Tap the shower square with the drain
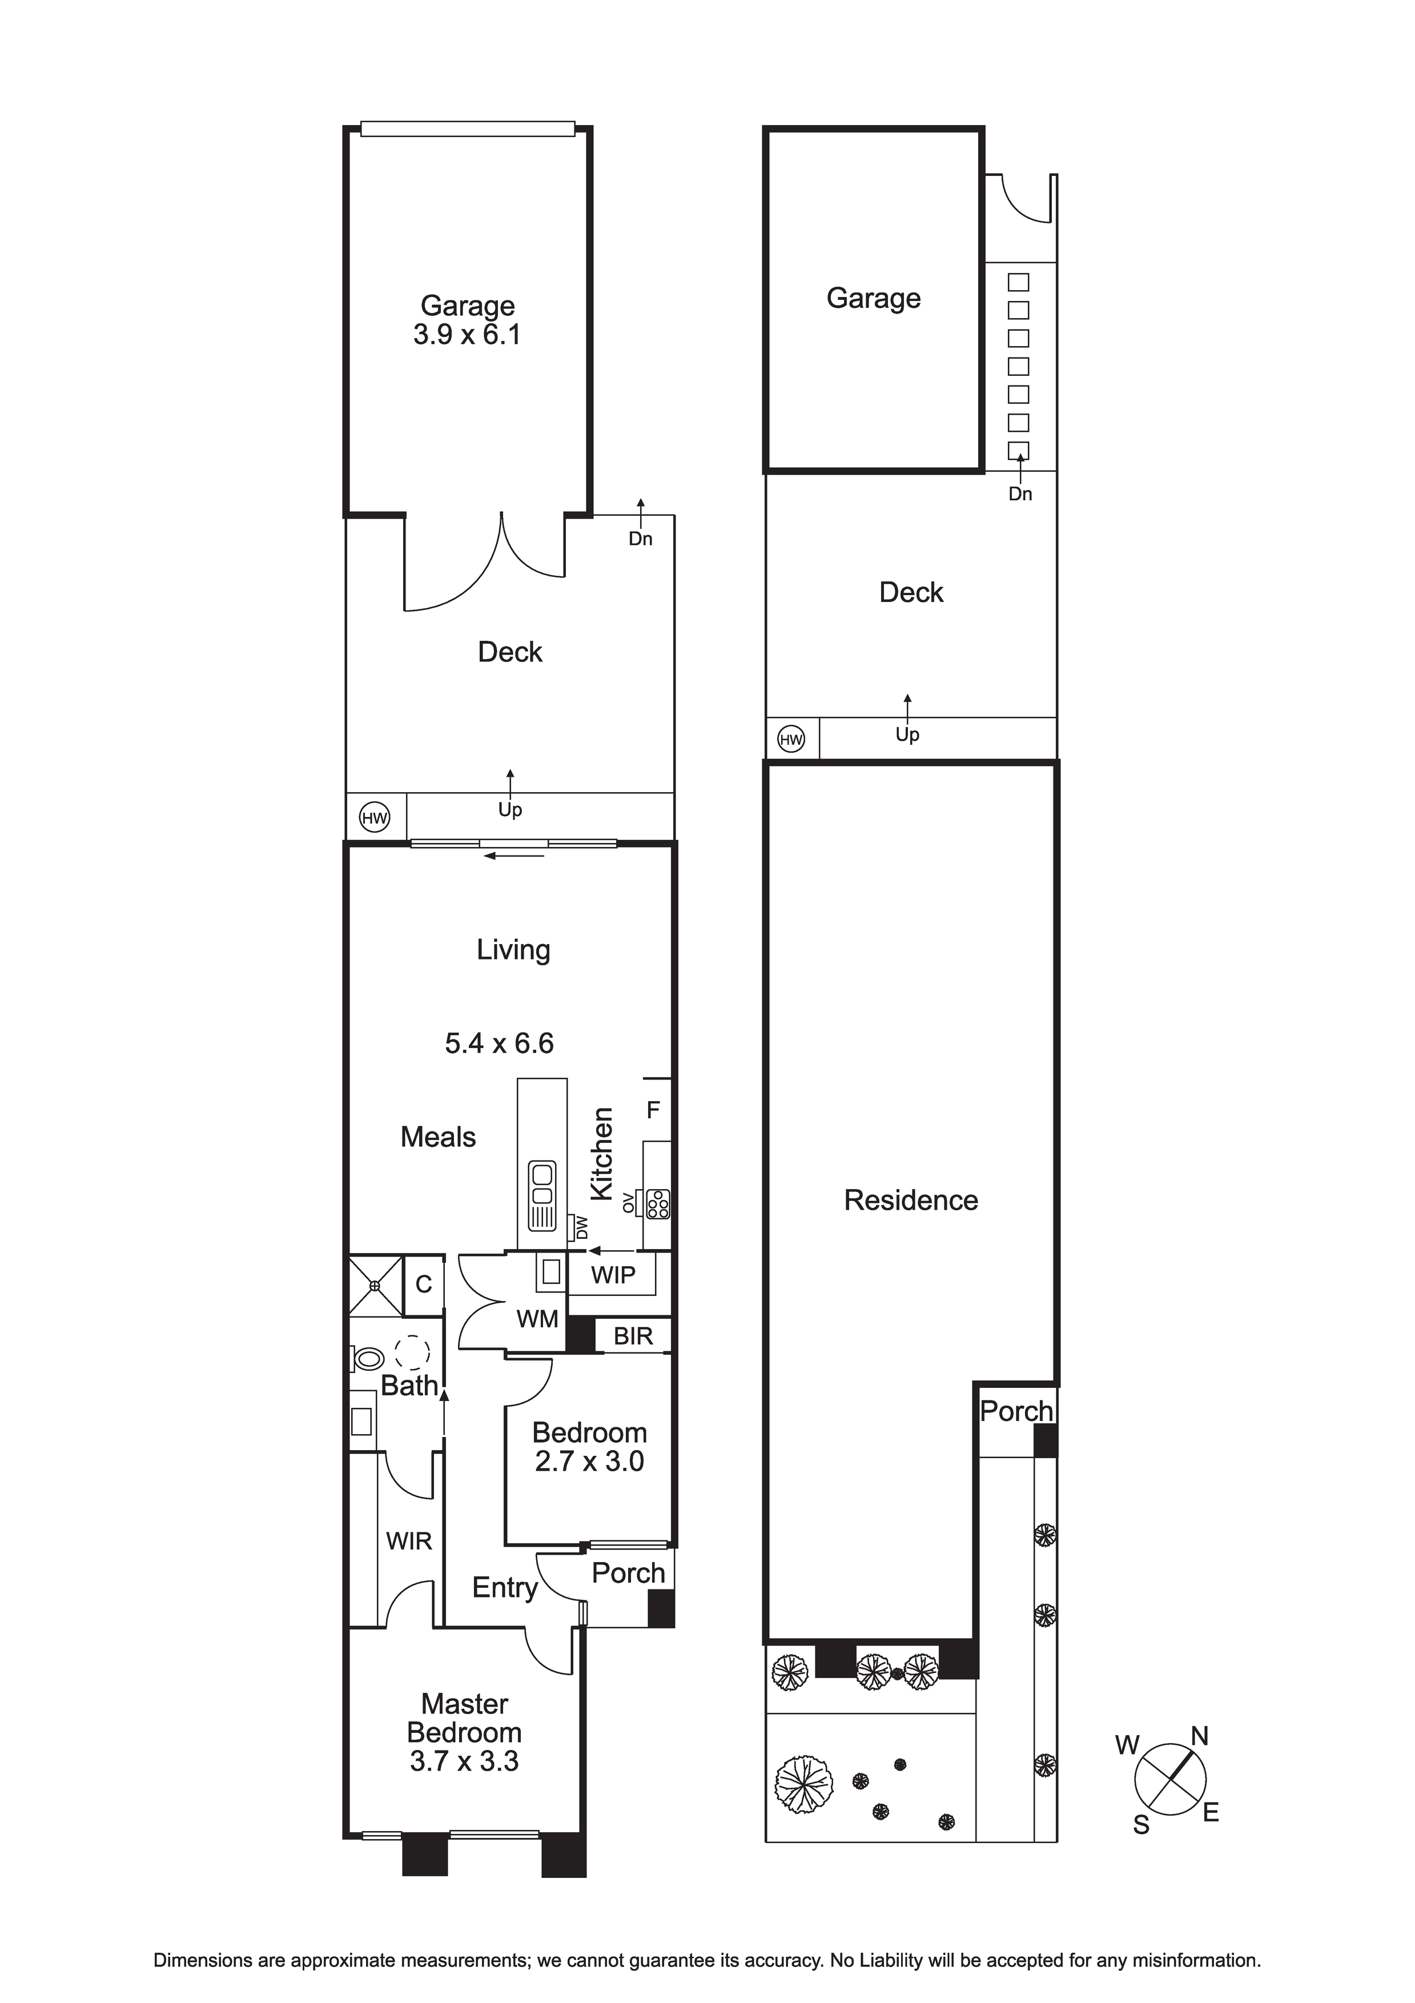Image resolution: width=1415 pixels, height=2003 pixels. [376, 1285]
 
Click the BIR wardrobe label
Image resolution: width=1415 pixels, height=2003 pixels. [633, 1336]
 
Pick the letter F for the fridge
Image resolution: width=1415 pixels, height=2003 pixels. [653, 1110]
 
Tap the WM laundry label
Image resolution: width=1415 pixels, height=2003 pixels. [537, 1319]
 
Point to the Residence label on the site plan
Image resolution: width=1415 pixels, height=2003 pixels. [911, 1201]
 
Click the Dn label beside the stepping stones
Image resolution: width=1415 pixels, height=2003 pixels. [1020, 494]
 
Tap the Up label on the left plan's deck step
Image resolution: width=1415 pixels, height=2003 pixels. [510, 810]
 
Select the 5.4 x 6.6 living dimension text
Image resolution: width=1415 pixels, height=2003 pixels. [499, 1043]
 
